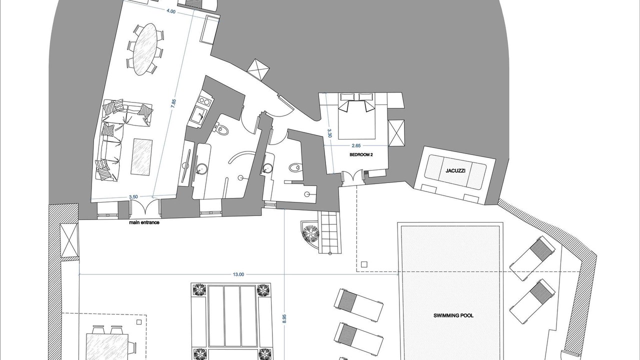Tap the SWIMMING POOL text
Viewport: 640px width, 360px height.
click(x=453, y=315)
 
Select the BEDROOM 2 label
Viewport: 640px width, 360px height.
click(x=361, y=154)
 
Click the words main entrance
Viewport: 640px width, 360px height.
click(x=144, y=222)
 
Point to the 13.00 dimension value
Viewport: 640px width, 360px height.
click(x=238, y=274)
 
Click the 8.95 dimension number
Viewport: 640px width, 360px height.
click(x=284, y=318)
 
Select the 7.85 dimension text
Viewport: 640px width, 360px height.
click(x=173, y=103)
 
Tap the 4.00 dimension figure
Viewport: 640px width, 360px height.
click(x=171, y=11)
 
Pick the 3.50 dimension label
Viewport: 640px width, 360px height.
click(x=133, y=197)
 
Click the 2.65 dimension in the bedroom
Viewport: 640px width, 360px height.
click(x=356, y=145)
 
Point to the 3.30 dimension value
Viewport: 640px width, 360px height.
click(x=329, y=133)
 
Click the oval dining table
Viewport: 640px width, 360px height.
click(x=145, y=49)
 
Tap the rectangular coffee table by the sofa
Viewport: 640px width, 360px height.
click(x=141, y=156)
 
